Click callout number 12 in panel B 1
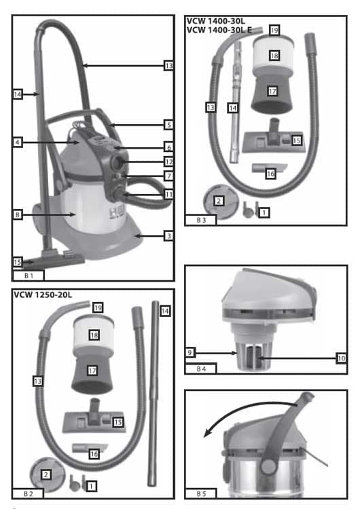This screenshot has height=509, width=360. click(168, 162)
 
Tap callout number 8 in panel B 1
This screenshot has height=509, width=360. click(18, 214)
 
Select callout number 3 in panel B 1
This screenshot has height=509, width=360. click(168, 236)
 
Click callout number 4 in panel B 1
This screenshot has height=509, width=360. click(18, 143)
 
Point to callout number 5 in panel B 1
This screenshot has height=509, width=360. click(168, 125)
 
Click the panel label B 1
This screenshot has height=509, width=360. click(29, 276)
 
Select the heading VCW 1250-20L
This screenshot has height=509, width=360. click(43, 295)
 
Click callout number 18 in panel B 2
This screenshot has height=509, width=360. click(94, 335)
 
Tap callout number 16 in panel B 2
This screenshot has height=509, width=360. click(94, 454)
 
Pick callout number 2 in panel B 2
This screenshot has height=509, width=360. click(46, 474)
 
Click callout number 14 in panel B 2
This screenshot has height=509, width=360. click(165, 311)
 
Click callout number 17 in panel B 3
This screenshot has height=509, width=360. click(272, 91)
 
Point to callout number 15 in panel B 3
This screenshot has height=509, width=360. click(296, 140)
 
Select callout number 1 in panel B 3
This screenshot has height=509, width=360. click(264, 212)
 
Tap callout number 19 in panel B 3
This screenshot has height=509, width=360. click(274, 30)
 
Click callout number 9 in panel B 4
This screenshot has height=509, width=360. click(190, 352)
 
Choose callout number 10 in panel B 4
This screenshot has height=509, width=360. click(341, 358)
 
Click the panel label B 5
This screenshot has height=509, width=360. click(201, 494)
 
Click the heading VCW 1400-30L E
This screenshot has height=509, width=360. click(219, 30)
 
